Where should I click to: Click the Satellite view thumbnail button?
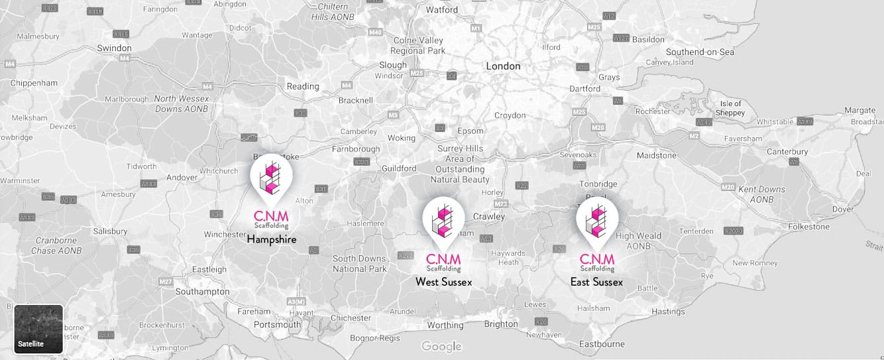38,329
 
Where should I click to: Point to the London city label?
503,66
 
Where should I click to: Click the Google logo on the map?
441,346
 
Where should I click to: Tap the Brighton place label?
501,324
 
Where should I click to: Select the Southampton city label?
203,292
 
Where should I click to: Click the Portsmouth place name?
277,325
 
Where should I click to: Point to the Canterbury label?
787,152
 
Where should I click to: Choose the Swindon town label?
114,48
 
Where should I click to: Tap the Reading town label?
303,86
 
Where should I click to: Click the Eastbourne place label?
602,344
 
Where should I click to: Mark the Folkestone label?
808,227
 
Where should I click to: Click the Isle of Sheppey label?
731,108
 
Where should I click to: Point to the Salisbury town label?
110,231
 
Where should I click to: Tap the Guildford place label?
399,169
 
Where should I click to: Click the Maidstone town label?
656,156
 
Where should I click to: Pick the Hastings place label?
668,312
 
